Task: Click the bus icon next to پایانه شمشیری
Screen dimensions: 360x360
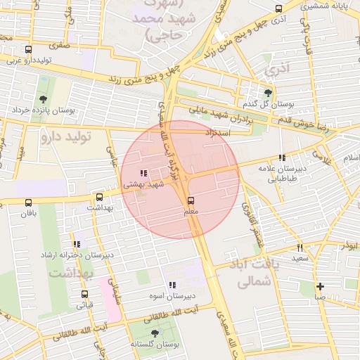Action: tap(279, 8)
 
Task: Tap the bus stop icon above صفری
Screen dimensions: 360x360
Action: tap(28, 50)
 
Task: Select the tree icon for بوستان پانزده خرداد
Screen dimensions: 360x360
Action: tap(44, 99)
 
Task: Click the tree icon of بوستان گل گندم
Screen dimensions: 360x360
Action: tap(267, 92)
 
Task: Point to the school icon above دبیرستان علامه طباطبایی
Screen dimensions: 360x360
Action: tap(282, 158)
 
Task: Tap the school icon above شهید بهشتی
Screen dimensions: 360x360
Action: tap(143, 173)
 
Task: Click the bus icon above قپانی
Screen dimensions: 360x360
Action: tap(84, 295)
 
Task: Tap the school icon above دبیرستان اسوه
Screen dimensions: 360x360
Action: tap(172, 285)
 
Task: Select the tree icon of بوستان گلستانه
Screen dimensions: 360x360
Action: tap(155, 333)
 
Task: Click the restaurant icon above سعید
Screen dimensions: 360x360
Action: tap(300, 247)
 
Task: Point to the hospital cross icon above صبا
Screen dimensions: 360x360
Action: tap(320, 286)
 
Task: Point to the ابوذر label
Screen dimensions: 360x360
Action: tap(350, 245)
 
